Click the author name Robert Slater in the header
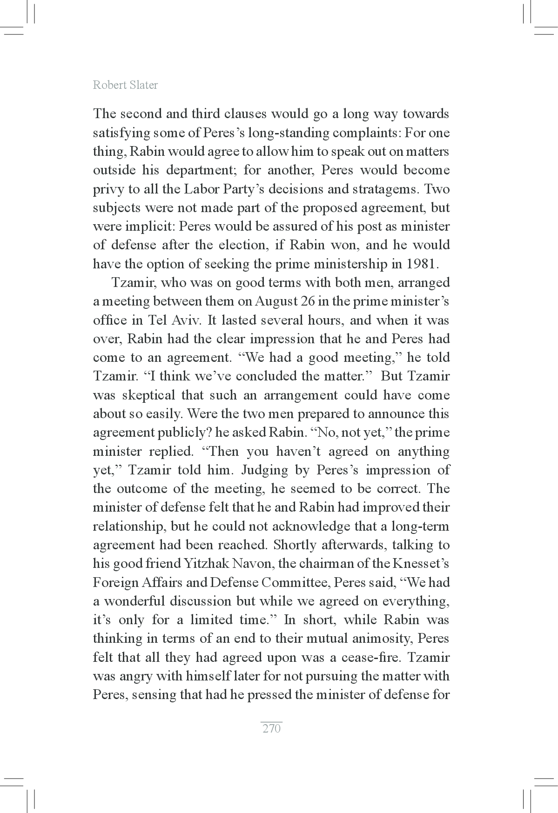125,85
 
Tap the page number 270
271,728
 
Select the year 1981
422,264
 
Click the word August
277,301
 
